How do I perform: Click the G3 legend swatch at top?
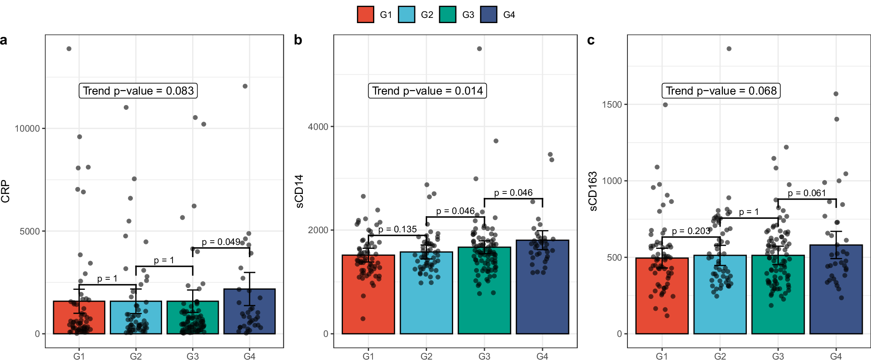447,14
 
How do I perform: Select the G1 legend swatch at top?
365,14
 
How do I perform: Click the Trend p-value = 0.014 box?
427,91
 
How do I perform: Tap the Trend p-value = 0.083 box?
138,91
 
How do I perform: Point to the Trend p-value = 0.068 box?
721,91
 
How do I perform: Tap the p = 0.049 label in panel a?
221,242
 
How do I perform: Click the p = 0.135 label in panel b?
397,229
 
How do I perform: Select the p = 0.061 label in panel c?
807,193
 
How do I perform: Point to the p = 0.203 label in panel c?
691,231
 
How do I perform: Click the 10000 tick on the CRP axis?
27,129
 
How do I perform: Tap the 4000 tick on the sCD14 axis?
318,127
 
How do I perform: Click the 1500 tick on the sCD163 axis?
612,105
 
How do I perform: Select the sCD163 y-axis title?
593,191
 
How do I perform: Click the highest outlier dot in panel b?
479,49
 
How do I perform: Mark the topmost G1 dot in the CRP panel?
69,49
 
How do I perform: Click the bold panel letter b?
298,40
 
